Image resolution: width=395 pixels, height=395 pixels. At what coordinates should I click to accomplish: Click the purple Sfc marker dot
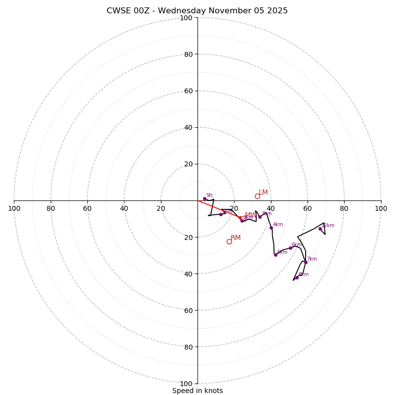pos(204,198)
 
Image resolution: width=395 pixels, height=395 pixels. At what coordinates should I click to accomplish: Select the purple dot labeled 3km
pos(260,217)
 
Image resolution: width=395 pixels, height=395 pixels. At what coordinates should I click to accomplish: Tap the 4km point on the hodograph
pos(271,228)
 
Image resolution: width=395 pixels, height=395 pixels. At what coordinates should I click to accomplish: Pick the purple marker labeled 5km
pos(276,255)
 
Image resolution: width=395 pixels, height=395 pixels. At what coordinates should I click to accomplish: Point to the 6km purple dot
pos(290,248)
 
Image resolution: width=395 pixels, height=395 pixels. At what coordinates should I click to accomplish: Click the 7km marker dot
pos(306,262)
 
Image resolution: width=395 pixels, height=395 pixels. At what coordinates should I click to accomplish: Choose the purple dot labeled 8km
pos(297,277)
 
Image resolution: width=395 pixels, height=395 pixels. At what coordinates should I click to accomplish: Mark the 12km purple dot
pos(320,229)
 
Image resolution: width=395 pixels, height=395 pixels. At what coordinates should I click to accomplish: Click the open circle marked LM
pos(257,196)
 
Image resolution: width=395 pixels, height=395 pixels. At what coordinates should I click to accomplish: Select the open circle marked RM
pos(229,241)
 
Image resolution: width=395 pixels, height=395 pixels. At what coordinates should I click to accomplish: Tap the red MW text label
pos(250,215)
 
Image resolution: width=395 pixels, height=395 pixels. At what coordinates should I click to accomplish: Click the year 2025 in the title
pos(277,11)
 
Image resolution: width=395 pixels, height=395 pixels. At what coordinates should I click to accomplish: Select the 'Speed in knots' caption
pos(197,391)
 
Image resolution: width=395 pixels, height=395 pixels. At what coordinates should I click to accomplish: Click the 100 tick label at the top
pos(186,18)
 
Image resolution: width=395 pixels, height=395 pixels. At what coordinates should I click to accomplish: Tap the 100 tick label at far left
pos(14,208)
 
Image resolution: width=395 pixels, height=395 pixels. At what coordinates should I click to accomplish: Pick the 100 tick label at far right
pos(381,208)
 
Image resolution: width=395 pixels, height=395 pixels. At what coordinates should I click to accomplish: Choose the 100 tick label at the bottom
pos(186,383)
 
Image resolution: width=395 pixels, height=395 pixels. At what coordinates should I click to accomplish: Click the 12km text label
pos(328,226)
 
